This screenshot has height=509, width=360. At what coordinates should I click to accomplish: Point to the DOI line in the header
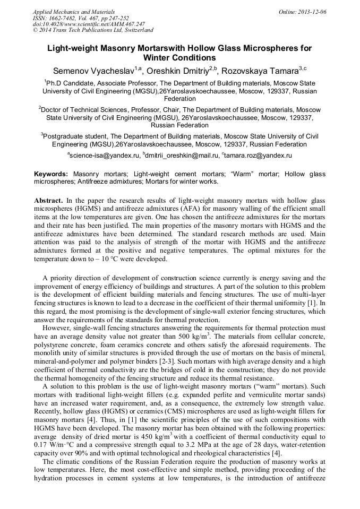click(89, 24)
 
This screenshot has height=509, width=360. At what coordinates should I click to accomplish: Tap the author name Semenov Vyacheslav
click(93, 71)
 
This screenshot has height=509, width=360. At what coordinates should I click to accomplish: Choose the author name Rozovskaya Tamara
click(260, 71)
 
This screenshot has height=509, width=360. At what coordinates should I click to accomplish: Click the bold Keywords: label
click(51, 174)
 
